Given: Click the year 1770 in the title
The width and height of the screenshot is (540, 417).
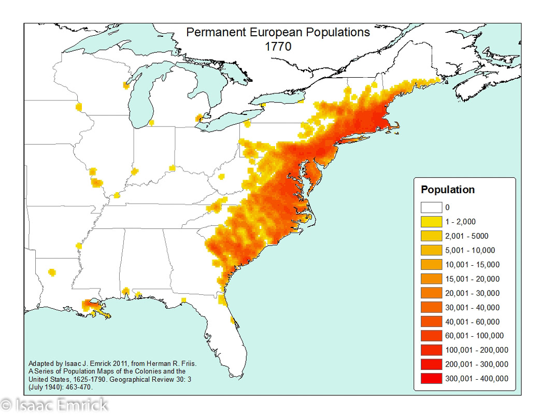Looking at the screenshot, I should click(278, 46).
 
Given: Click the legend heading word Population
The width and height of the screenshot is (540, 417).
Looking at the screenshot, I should click(447, 190).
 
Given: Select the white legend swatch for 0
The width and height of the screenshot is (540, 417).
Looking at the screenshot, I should click(431, 208).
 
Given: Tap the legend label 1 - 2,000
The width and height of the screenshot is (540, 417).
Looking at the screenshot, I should click(461, 222).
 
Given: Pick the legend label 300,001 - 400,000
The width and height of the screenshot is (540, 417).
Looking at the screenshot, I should click(476, 378).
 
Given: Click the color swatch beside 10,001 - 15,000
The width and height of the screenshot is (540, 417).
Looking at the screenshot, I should click(431, 265).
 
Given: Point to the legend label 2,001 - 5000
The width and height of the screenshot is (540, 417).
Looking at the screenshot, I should click(466, 236).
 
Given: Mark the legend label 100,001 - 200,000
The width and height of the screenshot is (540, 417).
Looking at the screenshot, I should click(476, 350).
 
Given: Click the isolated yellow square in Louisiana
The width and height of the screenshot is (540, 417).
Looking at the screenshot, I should click(51, 271).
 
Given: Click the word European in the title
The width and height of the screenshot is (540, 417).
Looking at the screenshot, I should click(273, 32).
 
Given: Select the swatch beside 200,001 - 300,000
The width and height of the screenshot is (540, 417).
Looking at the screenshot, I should click(431, 364).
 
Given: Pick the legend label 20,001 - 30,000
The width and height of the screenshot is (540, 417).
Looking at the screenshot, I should click(472, 293).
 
